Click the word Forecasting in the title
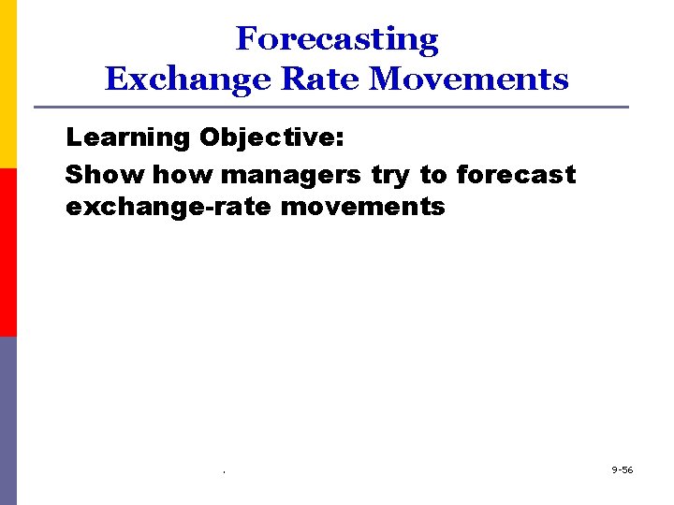[337, 39]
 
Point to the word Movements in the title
[468, 79]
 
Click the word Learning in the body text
[127, 137]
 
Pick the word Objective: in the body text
[271, 137]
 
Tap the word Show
[105, 174]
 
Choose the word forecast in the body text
[516, 174]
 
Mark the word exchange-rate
[168, 207]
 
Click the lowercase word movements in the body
[362, 206]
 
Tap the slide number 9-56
[622, 469]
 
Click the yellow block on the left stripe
[8, 84]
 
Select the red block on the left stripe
[8, 252]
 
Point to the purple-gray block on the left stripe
[8, 421]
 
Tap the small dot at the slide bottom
[225, 471]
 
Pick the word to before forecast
[433, 175]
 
